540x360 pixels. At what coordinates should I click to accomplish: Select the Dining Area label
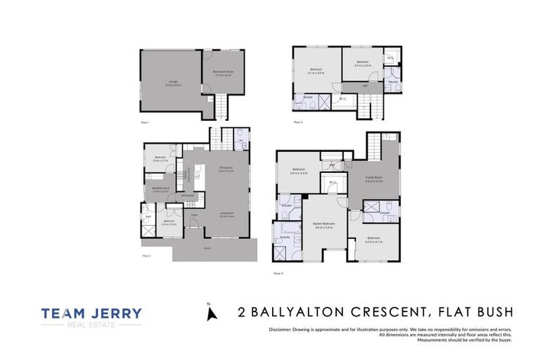point(225,168)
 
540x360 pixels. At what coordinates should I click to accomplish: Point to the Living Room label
point(226,215)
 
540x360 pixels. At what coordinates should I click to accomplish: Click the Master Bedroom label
point(324,225)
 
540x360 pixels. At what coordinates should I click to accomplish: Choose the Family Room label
point(373,179)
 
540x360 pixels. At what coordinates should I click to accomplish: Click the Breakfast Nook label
point(160,188)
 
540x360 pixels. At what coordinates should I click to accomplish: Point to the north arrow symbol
point(209,314)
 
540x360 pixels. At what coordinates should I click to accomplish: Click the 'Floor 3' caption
point(298,122)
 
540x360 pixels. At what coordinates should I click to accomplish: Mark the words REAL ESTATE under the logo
point(91,326)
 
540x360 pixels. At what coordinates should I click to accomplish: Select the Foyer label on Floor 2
point(195,217)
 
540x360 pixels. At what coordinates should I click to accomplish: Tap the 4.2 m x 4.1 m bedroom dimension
point(373,243)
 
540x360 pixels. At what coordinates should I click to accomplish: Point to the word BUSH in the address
point(491,311)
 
